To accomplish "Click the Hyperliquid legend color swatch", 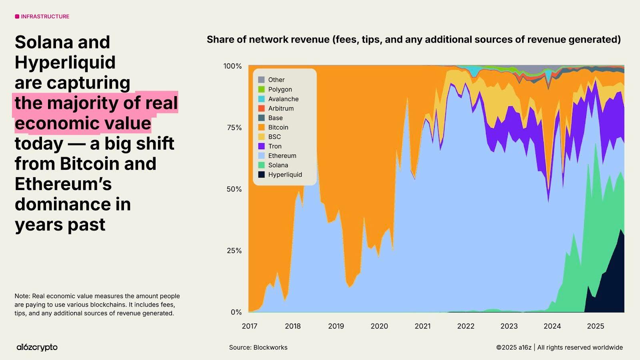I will (261, 174).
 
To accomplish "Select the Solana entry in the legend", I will (278, 165).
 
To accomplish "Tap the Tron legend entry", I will (275, 146).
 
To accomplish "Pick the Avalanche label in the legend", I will (283, 99).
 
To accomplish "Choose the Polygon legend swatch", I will (261, 89).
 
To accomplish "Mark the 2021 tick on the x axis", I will (422, 326).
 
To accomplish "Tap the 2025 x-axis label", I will (595, 326).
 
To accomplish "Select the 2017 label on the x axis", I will (250, 326).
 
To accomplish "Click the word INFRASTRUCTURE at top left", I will (45, 16).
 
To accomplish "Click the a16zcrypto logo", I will (37, 347).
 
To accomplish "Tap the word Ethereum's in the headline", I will (63, 184).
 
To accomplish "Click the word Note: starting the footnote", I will (22, 296).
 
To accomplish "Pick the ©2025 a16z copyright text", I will (514, 347).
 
